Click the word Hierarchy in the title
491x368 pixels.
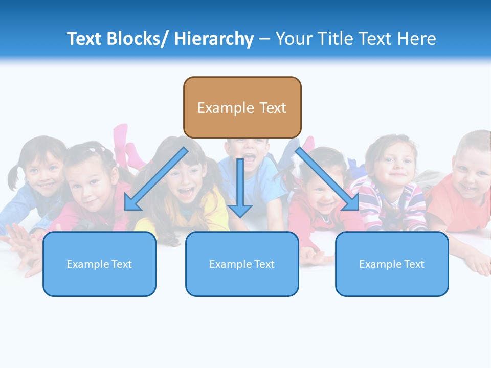(x=214, y=39)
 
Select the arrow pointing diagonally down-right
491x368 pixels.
(x=327, y=180)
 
